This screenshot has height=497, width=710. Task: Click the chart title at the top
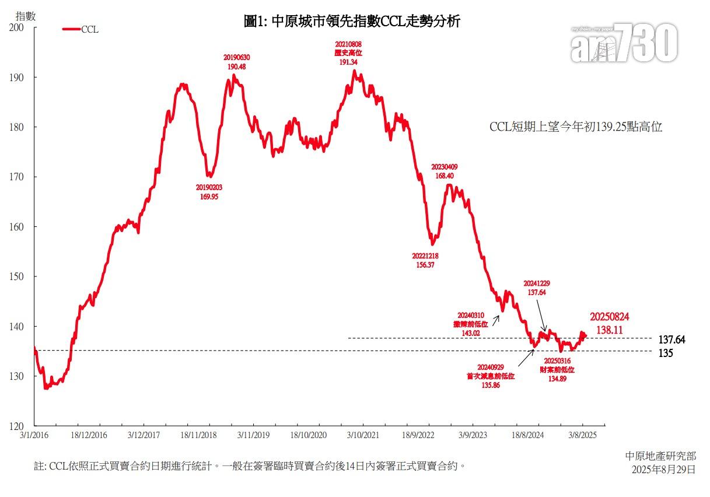click(x=352, y=22)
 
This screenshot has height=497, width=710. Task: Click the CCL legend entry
click(x=81, y=30)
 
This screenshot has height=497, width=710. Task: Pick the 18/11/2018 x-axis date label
click(x=198, y=435)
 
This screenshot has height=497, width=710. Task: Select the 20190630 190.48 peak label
click(x=236, y=62)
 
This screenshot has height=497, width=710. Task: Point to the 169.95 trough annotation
click(x=209, y=192)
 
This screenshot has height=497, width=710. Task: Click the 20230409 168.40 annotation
click(x=445, y=171)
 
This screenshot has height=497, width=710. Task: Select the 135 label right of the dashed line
click(x=666, y=353)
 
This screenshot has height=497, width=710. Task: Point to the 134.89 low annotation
click(x=558, y=374)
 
